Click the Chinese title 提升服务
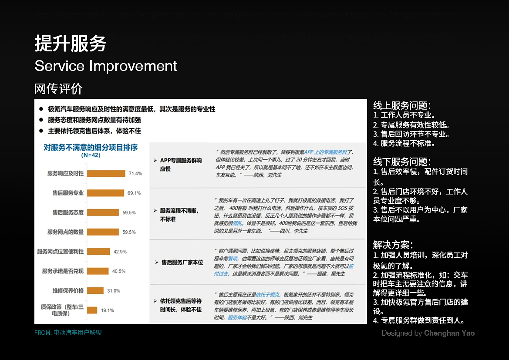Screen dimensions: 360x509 pos(71,44)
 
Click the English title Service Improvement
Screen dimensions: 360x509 pos(106,66)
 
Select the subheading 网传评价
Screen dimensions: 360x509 pos(58,89)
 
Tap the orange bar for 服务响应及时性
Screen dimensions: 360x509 pos(106,173)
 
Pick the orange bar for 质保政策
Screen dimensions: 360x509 pos(92,310)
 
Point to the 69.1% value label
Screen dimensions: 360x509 pos(134,193)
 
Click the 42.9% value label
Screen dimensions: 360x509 pos(120,252)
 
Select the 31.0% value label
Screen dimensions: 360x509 pos(113,291)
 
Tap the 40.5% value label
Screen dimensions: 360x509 pos(118,271)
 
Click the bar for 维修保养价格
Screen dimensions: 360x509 pos(95,290)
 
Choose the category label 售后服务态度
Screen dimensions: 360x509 pos(68,212)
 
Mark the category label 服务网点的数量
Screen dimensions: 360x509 pos(65,232)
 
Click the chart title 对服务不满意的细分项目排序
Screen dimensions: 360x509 pos(91,148)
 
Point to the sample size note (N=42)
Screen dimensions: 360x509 pos(90,155)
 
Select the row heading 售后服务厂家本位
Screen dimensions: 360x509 pos(182,262)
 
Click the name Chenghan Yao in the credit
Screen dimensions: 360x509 pos(449,333)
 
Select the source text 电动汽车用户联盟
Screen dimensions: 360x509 pos(78,333)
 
